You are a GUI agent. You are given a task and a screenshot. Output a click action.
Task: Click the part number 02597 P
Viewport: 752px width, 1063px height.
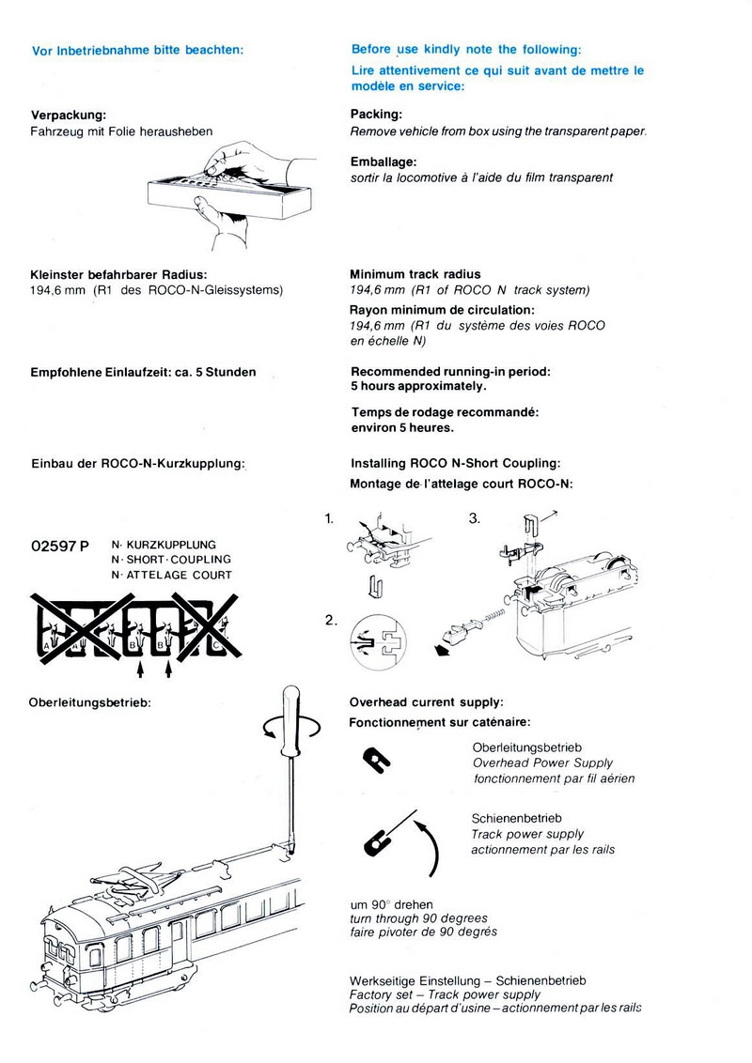coord(60,547)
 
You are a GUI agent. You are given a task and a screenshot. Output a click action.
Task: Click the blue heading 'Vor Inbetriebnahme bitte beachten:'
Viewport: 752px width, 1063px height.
coord(137,50)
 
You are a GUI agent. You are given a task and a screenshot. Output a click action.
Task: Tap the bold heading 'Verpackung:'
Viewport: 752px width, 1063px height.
coord(69,115)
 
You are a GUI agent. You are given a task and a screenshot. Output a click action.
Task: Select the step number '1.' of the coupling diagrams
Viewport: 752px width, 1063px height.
coord(329,517)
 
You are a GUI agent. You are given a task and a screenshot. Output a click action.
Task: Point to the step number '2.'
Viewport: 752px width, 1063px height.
coord(330,620)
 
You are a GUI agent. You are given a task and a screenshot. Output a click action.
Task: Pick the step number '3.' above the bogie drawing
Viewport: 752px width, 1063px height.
coord(475,517)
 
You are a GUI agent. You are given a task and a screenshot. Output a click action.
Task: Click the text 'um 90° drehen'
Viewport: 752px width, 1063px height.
coord(391,903)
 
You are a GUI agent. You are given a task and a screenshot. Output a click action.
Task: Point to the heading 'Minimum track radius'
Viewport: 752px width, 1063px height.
coord(415,275)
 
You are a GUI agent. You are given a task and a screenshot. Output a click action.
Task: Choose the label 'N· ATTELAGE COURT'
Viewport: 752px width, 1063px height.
coord(171,575)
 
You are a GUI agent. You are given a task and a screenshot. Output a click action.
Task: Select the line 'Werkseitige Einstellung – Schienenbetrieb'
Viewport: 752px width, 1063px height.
coord(467,979)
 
